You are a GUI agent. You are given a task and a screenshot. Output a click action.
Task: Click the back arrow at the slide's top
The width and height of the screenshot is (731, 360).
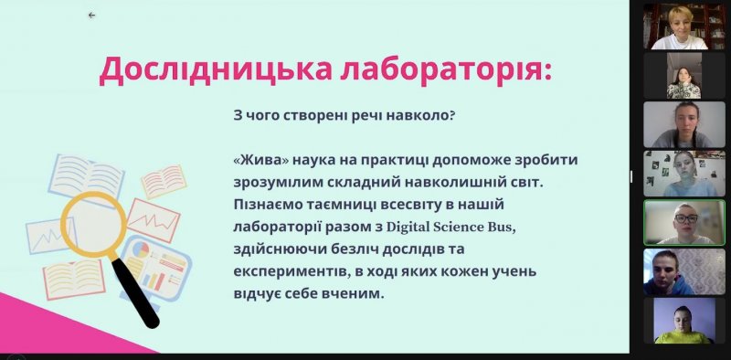[x=91, y=15]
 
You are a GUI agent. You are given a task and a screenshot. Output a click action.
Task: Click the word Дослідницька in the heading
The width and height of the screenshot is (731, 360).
[x=216, y=70]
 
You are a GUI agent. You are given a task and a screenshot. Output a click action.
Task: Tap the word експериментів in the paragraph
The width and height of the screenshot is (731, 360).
[x=290, y=272]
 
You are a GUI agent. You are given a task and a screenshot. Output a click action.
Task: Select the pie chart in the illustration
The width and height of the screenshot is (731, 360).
[x=141, y=249]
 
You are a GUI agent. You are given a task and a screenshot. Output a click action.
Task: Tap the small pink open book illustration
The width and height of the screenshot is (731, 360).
[x=164, y=182]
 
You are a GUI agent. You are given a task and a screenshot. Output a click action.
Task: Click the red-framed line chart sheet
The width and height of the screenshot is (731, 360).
[x=154, y=220]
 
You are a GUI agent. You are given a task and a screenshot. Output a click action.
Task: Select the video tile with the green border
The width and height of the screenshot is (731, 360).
[x=684, y=222]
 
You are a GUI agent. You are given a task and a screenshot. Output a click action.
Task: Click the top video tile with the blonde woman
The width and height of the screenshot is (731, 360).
[x=684, y=26]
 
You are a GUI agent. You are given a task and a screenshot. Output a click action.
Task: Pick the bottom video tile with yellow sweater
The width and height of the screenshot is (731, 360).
[x=684, y=321]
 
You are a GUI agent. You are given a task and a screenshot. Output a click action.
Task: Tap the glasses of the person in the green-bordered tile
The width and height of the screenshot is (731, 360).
[x=686, y=217]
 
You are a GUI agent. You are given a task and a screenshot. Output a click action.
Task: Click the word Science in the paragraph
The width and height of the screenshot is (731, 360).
[x=458, y=228]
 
